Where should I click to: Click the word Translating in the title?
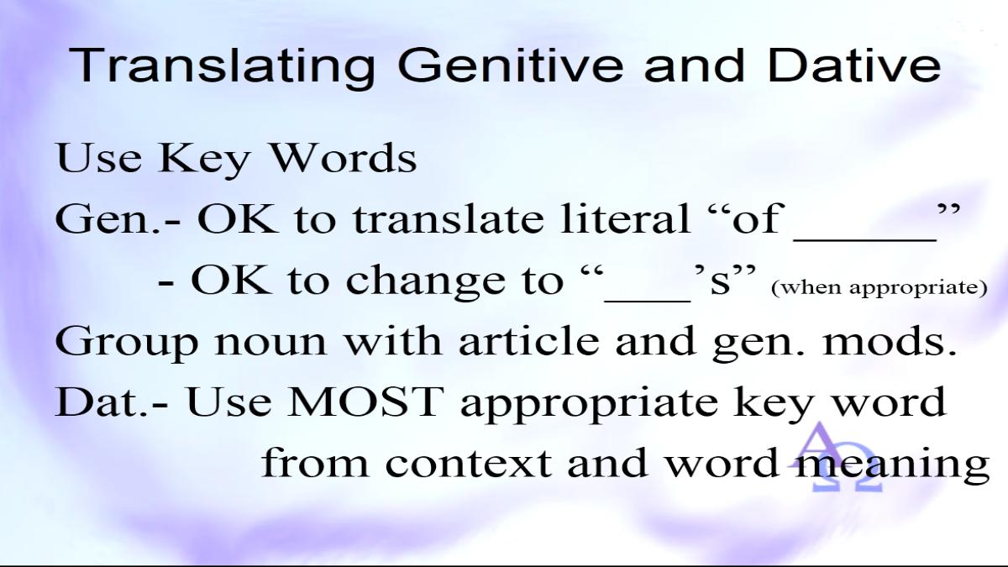[222, 66]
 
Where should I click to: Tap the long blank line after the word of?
[865, 240]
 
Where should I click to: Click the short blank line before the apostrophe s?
[648, 300]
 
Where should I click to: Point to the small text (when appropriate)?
[879, 288]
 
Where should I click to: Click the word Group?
[127, 343]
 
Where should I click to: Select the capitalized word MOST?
[363, 402]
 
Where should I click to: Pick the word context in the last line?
[469, 463]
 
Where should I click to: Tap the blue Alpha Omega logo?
[836, 457]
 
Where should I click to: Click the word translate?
[448, 218]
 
